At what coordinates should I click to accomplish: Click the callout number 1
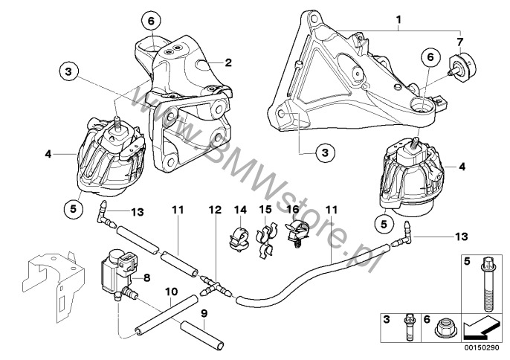(x=399, y=18)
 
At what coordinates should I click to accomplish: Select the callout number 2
(x=229, y=62)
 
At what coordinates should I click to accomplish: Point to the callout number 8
(x=146, y=278)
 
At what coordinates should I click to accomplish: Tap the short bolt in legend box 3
(x=410, y=327)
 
